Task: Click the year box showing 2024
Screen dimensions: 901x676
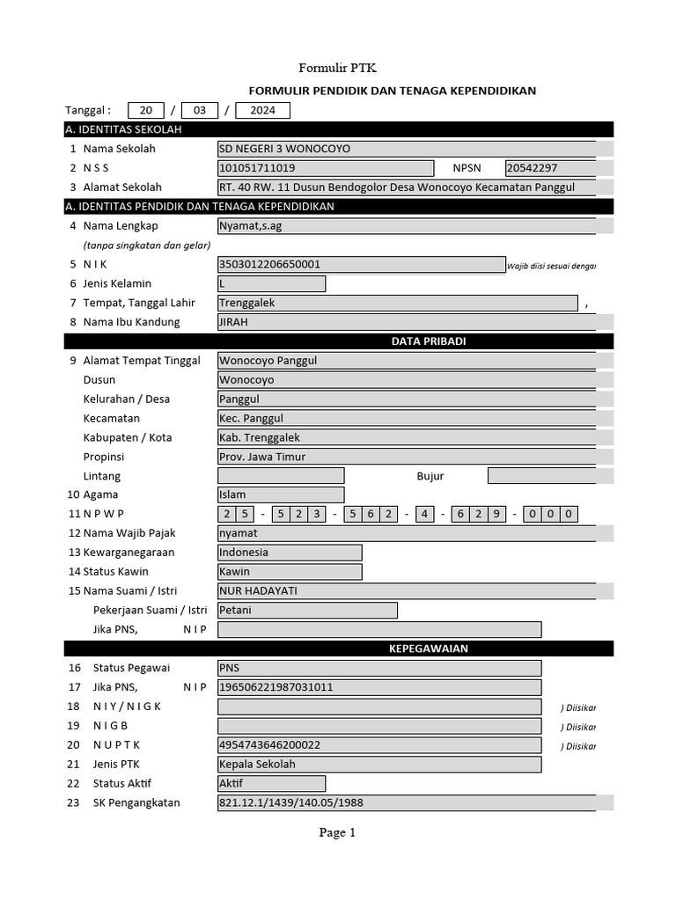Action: [x=262, y=110]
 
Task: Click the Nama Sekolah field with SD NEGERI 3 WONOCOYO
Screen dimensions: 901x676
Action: [x=406, y=149]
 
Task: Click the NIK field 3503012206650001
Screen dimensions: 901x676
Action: [x=361, y=264]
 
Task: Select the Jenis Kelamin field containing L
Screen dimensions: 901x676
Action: [x=271, y=283]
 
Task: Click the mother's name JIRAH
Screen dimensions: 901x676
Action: [x=406, y=322]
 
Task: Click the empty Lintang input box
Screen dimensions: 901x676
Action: [x=280, y=476]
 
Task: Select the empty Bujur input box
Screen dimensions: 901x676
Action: [x=541, y=476]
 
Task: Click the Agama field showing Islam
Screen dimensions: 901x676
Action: [x=280, y=495]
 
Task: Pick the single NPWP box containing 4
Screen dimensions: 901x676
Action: [x=425, y=514]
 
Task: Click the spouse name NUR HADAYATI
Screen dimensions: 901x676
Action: [x=406, y=590]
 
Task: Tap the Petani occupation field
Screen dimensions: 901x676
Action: [x=306, y=610]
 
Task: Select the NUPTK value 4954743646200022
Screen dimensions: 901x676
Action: [x=378, y=744]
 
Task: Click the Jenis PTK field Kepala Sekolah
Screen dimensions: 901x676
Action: [x=378, y=764]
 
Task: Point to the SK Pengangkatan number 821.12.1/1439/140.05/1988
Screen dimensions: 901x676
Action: [x=406, y=802]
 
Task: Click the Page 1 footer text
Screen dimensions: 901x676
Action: [x=337, y=832]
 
